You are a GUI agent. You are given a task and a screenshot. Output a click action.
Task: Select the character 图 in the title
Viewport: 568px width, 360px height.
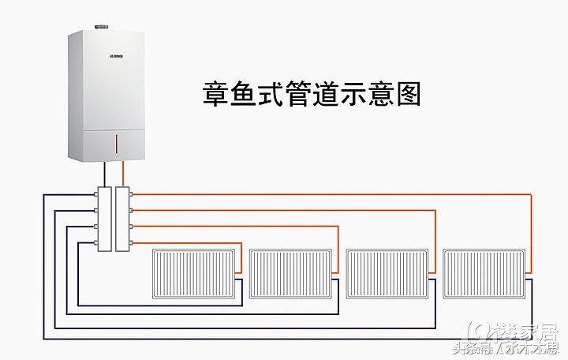[407, 95]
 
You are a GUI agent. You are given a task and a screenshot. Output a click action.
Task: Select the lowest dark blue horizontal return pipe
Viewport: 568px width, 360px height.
[284, 339]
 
